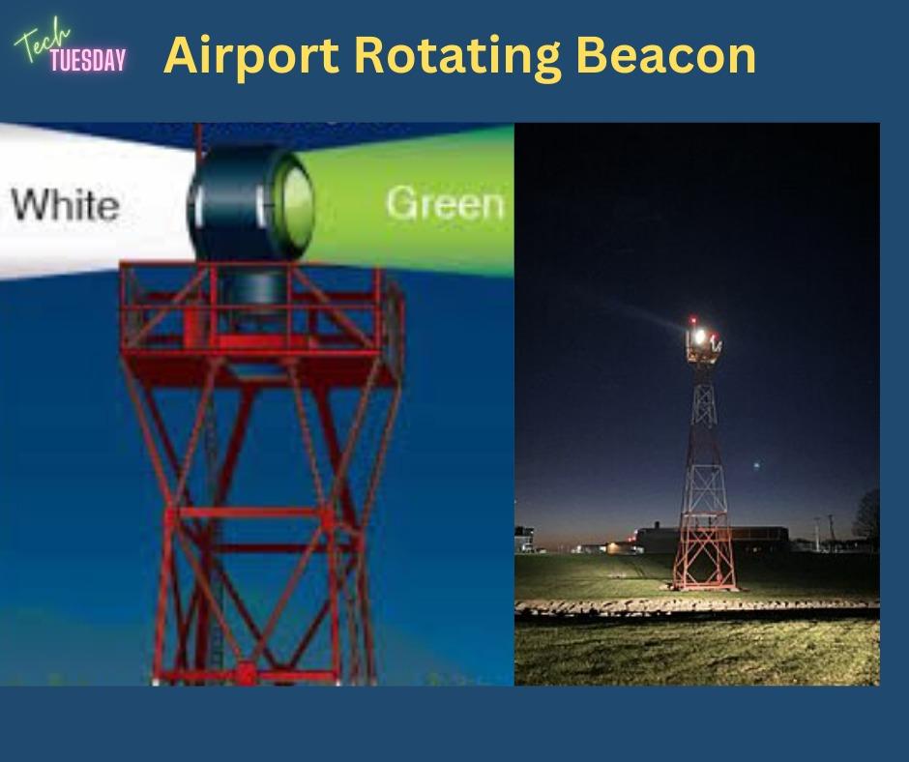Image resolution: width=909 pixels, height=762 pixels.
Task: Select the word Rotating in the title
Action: pos(457,57)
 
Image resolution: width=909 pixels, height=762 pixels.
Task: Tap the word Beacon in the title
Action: pos(666,55)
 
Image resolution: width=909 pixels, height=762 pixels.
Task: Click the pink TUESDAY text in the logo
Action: pos(88,60)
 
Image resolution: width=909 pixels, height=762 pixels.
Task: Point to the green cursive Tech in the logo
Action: pos(42,40)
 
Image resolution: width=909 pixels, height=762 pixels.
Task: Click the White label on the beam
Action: pos(65,205)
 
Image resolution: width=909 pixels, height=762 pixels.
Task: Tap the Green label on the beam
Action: pos(445,203)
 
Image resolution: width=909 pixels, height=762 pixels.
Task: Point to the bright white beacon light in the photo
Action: pos(699,336)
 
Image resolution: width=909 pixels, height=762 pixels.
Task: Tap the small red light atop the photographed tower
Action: pos(692,320)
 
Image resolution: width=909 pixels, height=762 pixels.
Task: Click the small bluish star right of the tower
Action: pos(756,464)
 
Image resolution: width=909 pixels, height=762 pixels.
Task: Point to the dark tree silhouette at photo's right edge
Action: pos(866,514)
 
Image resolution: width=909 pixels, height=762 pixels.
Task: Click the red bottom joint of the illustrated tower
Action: pos(246,674)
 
